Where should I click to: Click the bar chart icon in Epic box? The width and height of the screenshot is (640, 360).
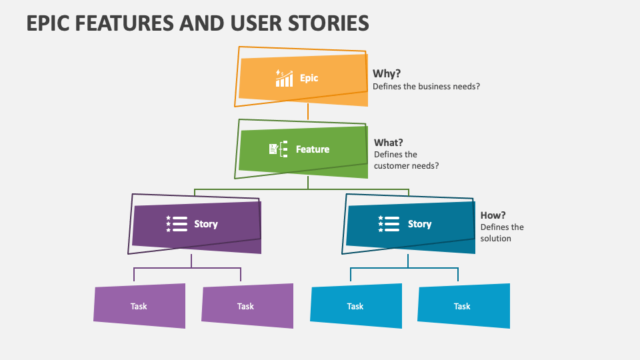(284, 78)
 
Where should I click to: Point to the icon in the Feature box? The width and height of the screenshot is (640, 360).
(278, 149)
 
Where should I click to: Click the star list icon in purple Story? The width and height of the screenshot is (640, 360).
(177, 224)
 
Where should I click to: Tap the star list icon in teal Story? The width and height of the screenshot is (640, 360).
(389, 224)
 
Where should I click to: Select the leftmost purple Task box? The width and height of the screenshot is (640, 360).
(139, 306)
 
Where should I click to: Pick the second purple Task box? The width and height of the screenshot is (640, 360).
(247, 306)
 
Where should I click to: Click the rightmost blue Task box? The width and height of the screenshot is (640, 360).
(463, 306)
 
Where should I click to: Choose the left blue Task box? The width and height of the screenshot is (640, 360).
(356, 306)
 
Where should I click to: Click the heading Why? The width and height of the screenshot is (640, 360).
(387, 73)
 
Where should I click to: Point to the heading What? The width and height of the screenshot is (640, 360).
(389, 142)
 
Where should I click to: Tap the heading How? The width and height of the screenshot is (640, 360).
(493, 215)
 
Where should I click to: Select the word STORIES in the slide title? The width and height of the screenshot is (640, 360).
(327, 23)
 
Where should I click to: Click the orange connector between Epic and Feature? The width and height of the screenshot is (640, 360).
(307, 112)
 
